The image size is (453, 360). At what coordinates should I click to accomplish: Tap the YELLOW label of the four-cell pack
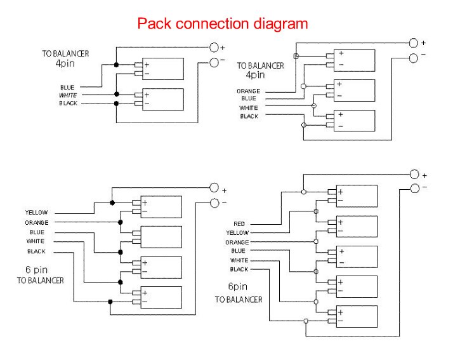36,212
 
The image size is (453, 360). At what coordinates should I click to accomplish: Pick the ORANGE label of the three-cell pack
248,91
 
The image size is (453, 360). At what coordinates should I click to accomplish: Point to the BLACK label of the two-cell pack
69,103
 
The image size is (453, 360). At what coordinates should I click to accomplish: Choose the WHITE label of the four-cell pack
36,241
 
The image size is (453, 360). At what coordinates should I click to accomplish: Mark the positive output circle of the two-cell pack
214,46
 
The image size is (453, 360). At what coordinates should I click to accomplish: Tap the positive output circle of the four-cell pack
214,188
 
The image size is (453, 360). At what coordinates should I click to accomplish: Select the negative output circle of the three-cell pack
414,58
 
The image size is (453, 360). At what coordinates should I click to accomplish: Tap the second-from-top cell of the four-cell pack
161,236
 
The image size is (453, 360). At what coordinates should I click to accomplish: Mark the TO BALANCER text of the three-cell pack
261,65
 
